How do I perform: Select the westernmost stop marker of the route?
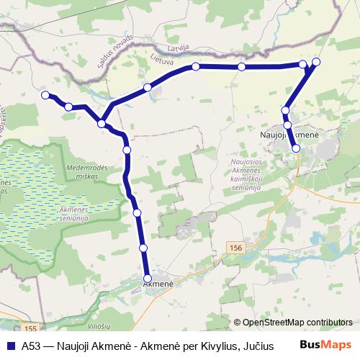point(45,95)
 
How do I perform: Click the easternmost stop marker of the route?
point(316,61)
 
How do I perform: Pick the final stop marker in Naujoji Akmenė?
point(296,148)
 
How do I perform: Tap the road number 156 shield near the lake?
point(236,248)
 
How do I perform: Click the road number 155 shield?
point(28,326)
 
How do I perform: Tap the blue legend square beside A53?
point(10,345)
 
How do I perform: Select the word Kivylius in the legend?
point(215,345)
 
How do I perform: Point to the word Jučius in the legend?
point(258,345)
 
